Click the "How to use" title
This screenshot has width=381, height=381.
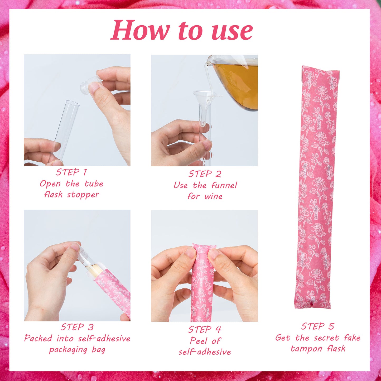[x=181, y=31]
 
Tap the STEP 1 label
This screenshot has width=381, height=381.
[x=71, y=172]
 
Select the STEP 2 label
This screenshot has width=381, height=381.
[x=205, y=174]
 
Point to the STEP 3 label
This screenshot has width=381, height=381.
[x=77, y=327]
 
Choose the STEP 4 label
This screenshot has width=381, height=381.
[x=205, y=329]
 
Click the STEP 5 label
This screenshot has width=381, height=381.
[x=318, y=326]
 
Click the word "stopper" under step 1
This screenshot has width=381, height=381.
[x=83, y=195]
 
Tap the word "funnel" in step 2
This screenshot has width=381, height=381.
[x=224, y=185]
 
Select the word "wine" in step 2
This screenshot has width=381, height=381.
[x=214, y=196]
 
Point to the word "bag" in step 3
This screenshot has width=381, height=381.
[x=98, y=350]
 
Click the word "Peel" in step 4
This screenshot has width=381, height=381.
[x=199, y=341]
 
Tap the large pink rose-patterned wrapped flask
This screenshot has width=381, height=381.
[x=317, y=187]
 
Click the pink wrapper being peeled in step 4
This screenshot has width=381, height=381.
[x=202, y=285]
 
